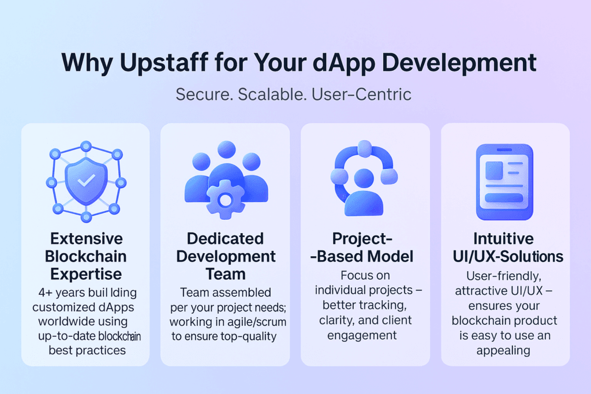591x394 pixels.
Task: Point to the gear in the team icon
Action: (226, 200)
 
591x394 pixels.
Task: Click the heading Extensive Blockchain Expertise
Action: (85, 256)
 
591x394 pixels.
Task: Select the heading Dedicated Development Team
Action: (226, 256)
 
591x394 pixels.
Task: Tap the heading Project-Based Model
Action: (366, 247)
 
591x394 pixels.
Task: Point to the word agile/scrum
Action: (259, 321)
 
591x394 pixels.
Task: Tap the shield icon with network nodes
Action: (85, 180)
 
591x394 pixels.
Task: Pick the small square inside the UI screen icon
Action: (494, 170)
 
